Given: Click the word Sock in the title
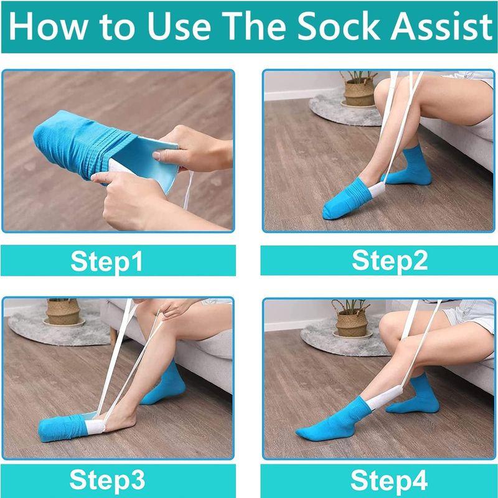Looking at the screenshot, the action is coord(339,26).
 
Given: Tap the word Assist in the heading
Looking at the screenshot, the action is coord(441,26).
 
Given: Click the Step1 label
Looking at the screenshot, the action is coord(106,261).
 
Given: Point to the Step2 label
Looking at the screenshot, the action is coord(390,261).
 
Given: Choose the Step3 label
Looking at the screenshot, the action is coord(107,480).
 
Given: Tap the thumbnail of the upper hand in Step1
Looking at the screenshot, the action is coord(156,156).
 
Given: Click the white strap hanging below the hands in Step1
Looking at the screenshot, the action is coord(189,190).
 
